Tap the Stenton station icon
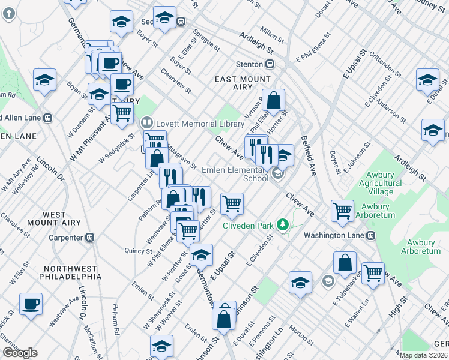click(271, 64)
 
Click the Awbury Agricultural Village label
click(381, 183)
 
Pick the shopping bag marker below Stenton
click(274, 101)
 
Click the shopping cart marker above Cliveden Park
click(232, 203)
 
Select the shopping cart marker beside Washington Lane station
click(342, 210)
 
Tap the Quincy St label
click(139, 251)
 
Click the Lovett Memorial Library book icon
click(146, 123)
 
